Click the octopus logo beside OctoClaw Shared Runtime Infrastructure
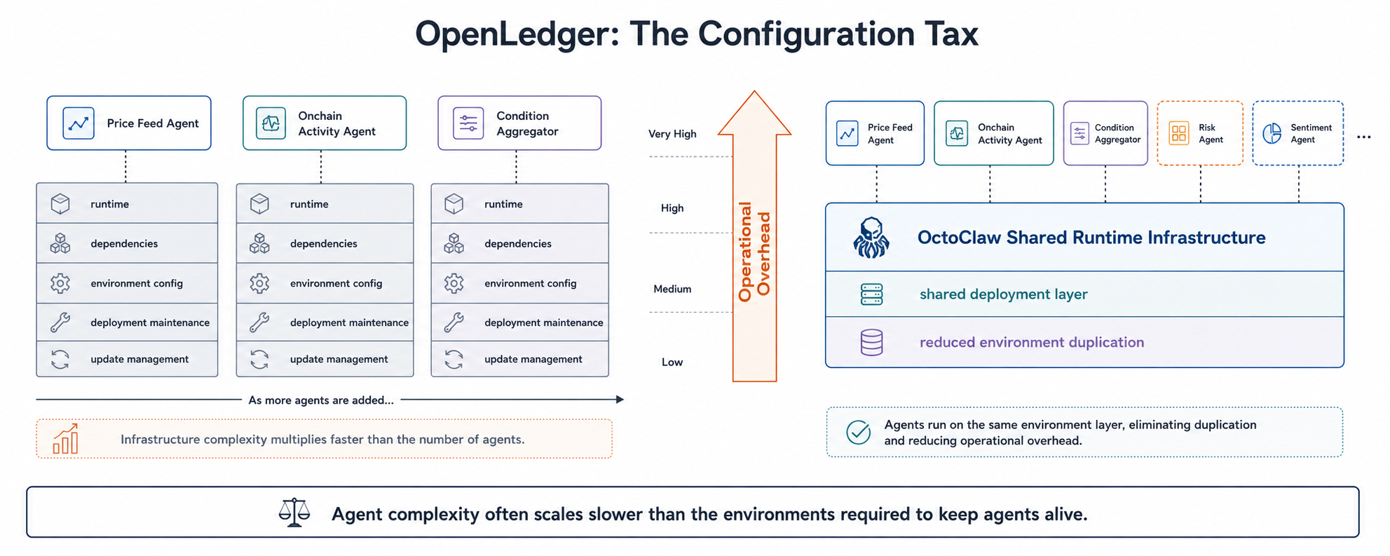point(871,238)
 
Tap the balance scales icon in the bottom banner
point(294,513)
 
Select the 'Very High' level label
point(672,134)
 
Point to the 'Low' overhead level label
point(672,362)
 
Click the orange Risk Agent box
point(1200,133)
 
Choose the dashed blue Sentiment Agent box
point(1298,133)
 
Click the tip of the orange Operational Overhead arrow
point(754,91)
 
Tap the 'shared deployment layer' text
point(1003,294)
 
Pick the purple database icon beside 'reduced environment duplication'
point(871,342)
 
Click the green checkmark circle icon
point(858,432)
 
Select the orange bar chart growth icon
point(66,439)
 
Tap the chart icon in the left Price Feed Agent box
point(79,123)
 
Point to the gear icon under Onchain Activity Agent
point(259,283)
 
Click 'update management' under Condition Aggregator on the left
point(533,359)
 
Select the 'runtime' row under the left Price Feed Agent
point(127,203)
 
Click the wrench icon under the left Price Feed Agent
point(60,323)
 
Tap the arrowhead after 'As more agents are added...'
point(620,400)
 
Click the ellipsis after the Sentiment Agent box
point(1363,137)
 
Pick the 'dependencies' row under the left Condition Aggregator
point(519,243)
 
